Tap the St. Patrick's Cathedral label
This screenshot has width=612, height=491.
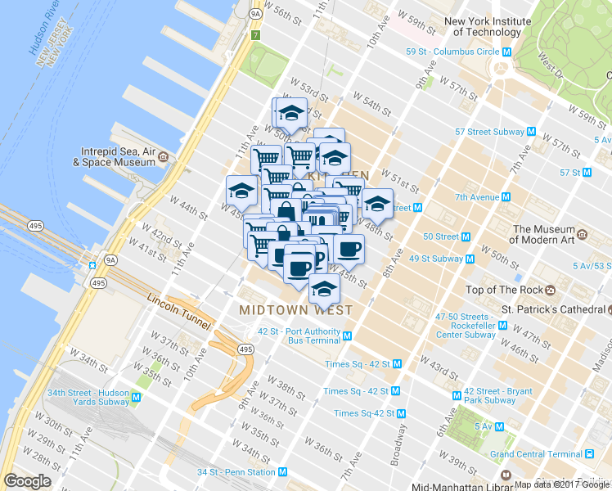tap(552, 309)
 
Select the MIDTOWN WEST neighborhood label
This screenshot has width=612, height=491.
tap(296, 310)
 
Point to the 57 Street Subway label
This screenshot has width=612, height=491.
tap(490, 131)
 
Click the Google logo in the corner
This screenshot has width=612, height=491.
tap(28, 481)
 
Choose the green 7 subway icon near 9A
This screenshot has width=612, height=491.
tap(256, 36)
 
